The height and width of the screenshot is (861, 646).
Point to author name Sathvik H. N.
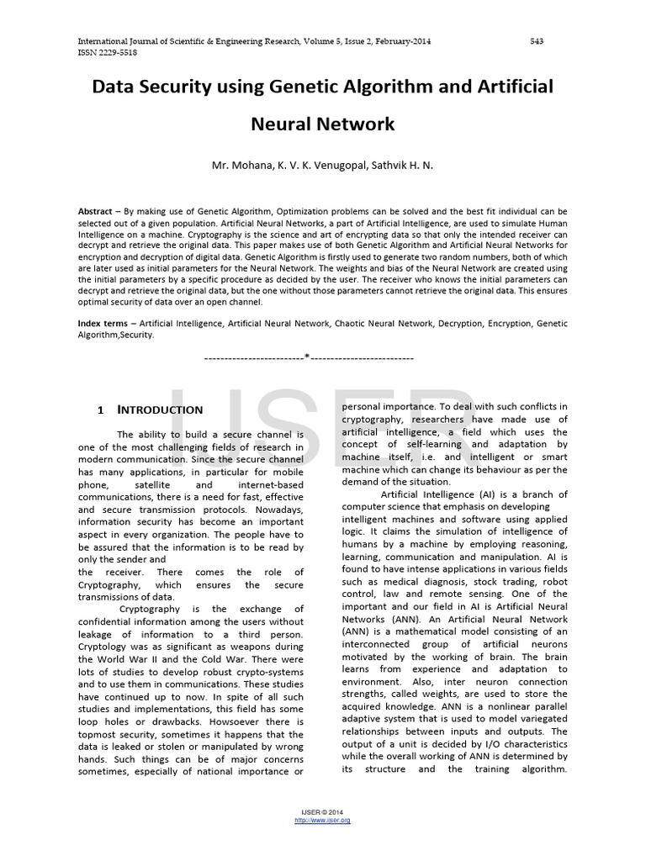pos(399,166)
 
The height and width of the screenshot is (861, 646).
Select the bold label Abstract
pos(95,211)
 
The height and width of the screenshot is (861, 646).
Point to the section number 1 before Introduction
pos(100,410)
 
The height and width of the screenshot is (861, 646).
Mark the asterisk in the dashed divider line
pos(308,357)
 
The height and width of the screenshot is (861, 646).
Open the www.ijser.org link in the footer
pos(322,820)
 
